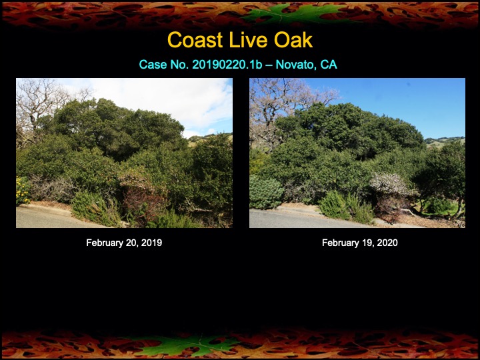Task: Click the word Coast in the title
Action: tap(190, 40)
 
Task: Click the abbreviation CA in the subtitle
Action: tap(329, 65)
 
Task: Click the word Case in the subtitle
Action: tap(151, 65)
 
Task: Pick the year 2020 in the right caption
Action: tap(387, 243)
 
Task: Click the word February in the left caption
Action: tap(105, 243)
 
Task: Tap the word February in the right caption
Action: tap(341, 243)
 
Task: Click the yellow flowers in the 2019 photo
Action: tap(22, 189)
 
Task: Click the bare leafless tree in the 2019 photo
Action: tap(33, 100)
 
